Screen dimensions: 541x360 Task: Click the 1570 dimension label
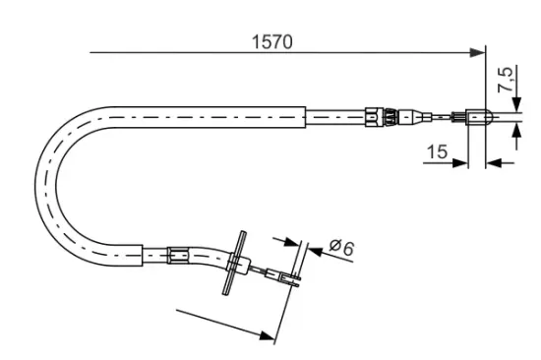[x=272, y=41]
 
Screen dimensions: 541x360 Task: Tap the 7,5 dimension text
[x=506, y=80]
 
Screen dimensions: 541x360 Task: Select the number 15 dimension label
[x=437, y=151]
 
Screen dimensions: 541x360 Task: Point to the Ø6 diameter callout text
[x=341, y=247]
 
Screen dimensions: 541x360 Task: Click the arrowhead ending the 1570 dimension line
[x=477, y=52]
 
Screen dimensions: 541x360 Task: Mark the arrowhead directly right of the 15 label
[x=460, y=163]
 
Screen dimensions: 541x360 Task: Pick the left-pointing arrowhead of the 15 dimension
[x=494, y=163]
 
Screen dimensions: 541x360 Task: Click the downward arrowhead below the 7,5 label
[x=516, y=104]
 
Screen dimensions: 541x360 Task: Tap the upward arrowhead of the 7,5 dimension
[x=516, y=131]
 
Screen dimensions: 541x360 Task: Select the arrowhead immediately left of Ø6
[x=316, y=251]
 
